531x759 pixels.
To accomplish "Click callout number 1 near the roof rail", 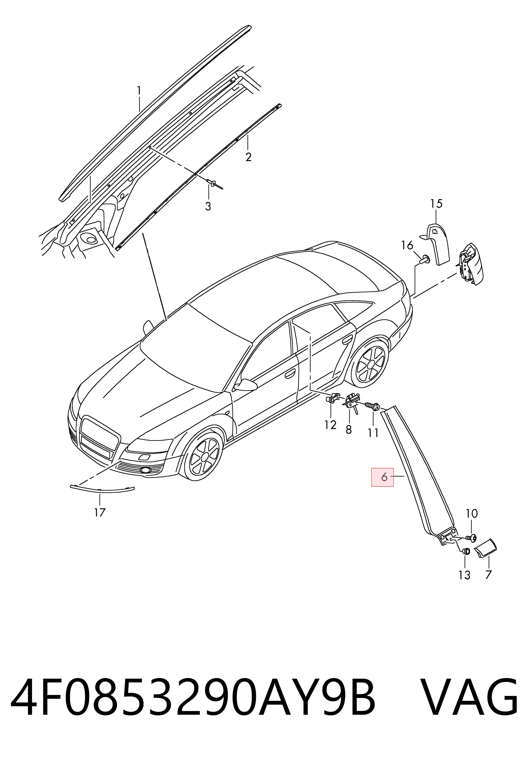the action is pyautogui.click(x=139, y=90).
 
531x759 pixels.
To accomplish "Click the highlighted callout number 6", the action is pyautogui.click(x=384, y=477).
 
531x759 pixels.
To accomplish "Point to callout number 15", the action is pyautogui.click(x=436, y=204).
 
